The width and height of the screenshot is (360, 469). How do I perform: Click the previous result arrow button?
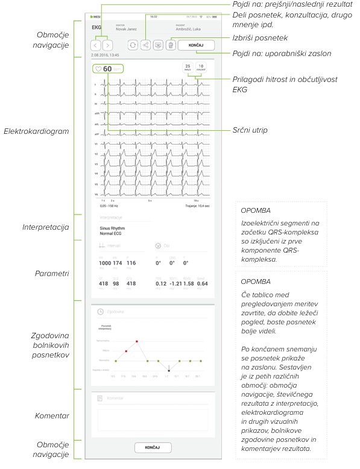click(95, 45)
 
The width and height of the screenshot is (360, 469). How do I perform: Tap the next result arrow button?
click(107, 45)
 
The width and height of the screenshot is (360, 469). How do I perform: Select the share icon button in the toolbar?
click(145, 45)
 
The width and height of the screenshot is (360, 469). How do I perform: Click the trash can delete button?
click(171, 45)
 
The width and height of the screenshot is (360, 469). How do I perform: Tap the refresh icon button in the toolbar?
click(132, 45)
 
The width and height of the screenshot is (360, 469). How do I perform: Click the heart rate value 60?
click(107, 69)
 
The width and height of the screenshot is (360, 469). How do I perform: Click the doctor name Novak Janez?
click(126, 29)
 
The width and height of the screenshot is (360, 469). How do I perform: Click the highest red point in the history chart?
click(137, 341)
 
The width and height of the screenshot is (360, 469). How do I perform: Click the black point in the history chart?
click(169, 370)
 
